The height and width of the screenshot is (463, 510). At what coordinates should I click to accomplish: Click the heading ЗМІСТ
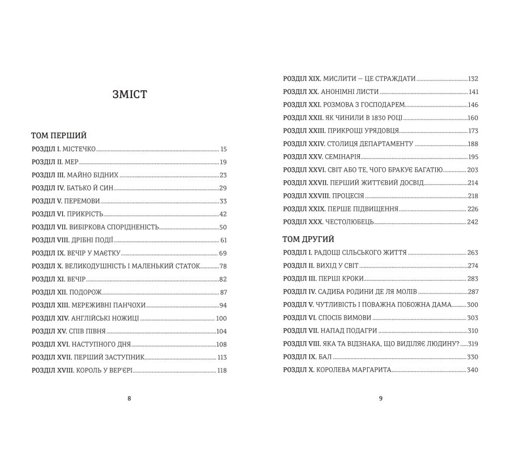[130, 95]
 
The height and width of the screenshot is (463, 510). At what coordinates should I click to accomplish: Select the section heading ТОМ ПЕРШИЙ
[59, 135]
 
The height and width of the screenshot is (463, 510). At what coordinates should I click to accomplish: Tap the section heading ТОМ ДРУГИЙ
[308, 239]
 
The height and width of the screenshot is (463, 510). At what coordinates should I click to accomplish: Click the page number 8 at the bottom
[129, 398]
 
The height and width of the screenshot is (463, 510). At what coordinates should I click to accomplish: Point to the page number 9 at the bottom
[381, 398]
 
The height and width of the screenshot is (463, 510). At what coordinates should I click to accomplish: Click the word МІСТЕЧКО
[79, 150]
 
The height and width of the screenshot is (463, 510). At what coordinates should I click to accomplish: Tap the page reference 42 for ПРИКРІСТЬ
[223, 214]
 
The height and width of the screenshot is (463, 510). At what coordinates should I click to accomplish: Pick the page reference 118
[222, 371]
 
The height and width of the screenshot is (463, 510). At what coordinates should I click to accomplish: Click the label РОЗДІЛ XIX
[302, 79]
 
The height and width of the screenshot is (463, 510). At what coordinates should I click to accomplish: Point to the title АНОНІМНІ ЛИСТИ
[350, 92]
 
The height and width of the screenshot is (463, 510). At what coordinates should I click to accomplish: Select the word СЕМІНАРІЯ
[342, 157]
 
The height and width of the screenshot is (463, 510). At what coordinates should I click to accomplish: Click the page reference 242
[473, 222]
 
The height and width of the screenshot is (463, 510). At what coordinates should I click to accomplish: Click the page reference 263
[473, 253]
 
